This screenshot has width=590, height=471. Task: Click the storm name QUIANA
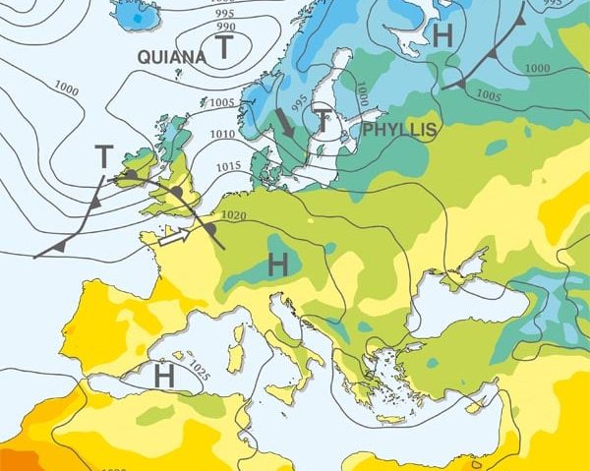pos(172,57)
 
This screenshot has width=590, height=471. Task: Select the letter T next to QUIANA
pos(225,46)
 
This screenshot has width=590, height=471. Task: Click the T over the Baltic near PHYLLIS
pos(324,121)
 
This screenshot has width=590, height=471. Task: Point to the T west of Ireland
pos(104,155)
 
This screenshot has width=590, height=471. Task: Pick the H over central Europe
pos(278,263)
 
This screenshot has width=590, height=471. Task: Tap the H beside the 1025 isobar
pos(164,375)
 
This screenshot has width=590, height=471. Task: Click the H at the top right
pos(443,36)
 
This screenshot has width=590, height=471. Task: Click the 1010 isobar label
pos(222,134)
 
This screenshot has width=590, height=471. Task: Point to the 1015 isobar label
pos(227,165)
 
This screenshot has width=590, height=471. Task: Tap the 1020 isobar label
pos(233,215)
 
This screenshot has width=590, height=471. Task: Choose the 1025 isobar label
pos(199,372)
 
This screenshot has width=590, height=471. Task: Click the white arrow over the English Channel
pos(175,236)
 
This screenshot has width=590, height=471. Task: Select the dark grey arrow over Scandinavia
pos(284,122)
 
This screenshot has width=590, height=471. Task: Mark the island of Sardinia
pos(236,348)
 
